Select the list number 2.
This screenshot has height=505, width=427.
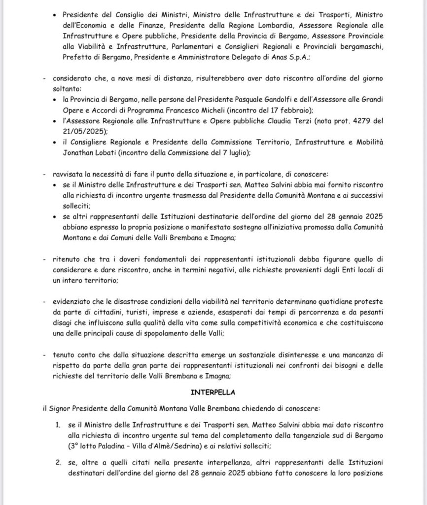tap(58, 463)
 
